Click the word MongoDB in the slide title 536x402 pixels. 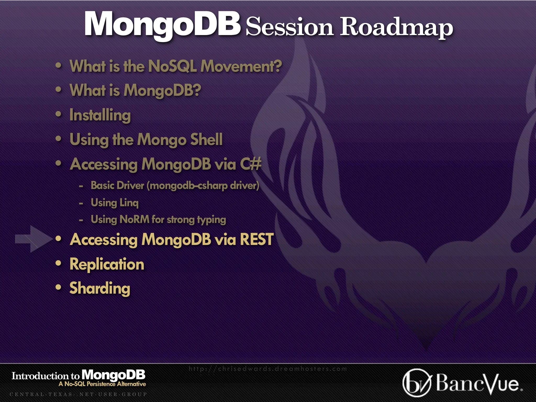[162, 24]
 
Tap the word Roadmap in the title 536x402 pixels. [396, 27]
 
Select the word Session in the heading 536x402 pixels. [289, 27]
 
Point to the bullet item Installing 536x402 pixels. [100, 115]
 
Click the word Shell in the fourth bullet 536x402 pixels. [206, 139]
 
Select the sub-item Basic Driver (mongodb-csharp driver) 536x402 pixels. [175, 186]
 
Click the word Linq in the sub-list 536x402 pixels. [129, 203]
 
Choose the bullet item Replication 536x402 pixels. [107, 264]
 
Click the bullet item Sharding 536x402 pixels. [100, 288]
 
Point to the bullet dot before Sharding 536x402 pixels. [58, 287]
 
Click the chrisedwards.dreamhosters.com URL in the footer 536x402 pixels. [267, 369]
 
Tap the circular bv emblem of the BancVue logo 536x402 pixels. [416, 383]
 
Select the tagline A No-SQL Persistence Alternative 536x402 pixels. [102, 384]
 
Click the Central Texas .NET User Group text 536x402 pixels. [78, 394]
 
